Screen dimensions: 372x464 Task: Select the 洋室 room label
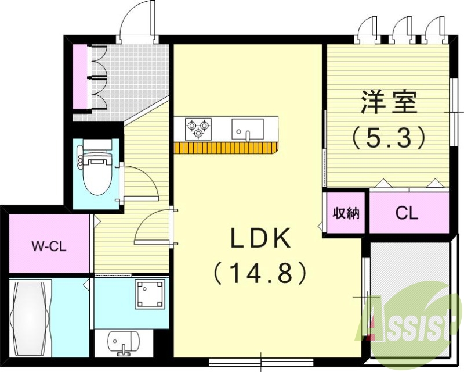[x=389, y=103]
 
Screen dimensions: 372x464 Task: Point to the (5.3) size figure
[x=389, y=138]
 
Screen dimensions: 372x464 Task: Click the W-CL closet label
[x=48, y=245]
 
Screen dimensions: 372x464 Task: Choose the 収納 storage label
[x=346, y=213]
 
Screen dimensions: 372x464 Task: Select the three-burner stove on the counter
[x=198, y=128]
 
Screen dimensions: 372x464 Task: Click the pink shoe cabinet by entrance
[x=80, y=76]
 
